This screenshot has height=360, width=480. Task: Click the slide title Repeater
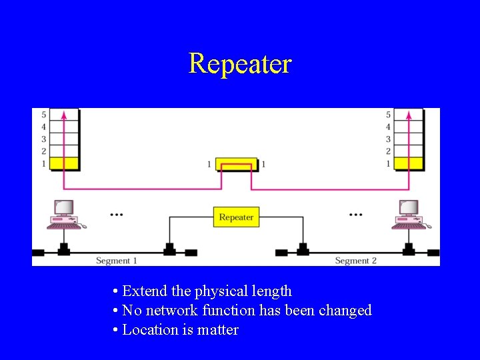(x=240, y=64)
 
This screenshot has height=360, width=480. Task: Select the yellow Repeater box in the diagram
(x=236, y=217)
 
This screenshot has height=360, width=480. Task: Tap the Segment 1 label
(x=117, y=261)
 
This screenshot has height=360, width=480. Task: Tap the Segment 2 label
(x=355, y=261)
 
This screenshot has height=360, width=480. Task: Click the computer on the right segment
(x=407, y=215)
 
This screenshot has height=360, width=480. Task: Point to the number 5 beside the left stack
(x=43, y=115)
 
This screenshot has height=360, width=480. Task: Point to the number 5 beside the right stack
(x=388, y=115)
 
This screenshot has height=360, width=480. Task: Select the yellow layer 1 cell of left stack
(x=64, y=163)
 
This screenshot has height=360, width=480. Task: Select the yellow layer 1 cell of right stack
(x=408, y=163)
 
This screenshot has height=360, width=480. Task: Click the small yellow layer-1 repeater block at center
(x=236, y=164)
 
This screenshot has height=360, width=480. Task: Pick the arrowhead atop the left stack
(x=64, y=115)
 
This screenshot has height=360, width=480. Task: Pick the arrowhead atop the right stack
(x=408, y=115)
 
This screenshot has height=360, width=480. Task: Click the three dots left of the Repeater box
(x=117, y=215)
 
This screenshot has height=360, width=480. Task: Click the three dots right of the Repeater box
(x=356, y=215)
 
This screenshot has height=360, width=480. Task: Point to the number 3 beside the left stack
(x=43, y=139)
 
